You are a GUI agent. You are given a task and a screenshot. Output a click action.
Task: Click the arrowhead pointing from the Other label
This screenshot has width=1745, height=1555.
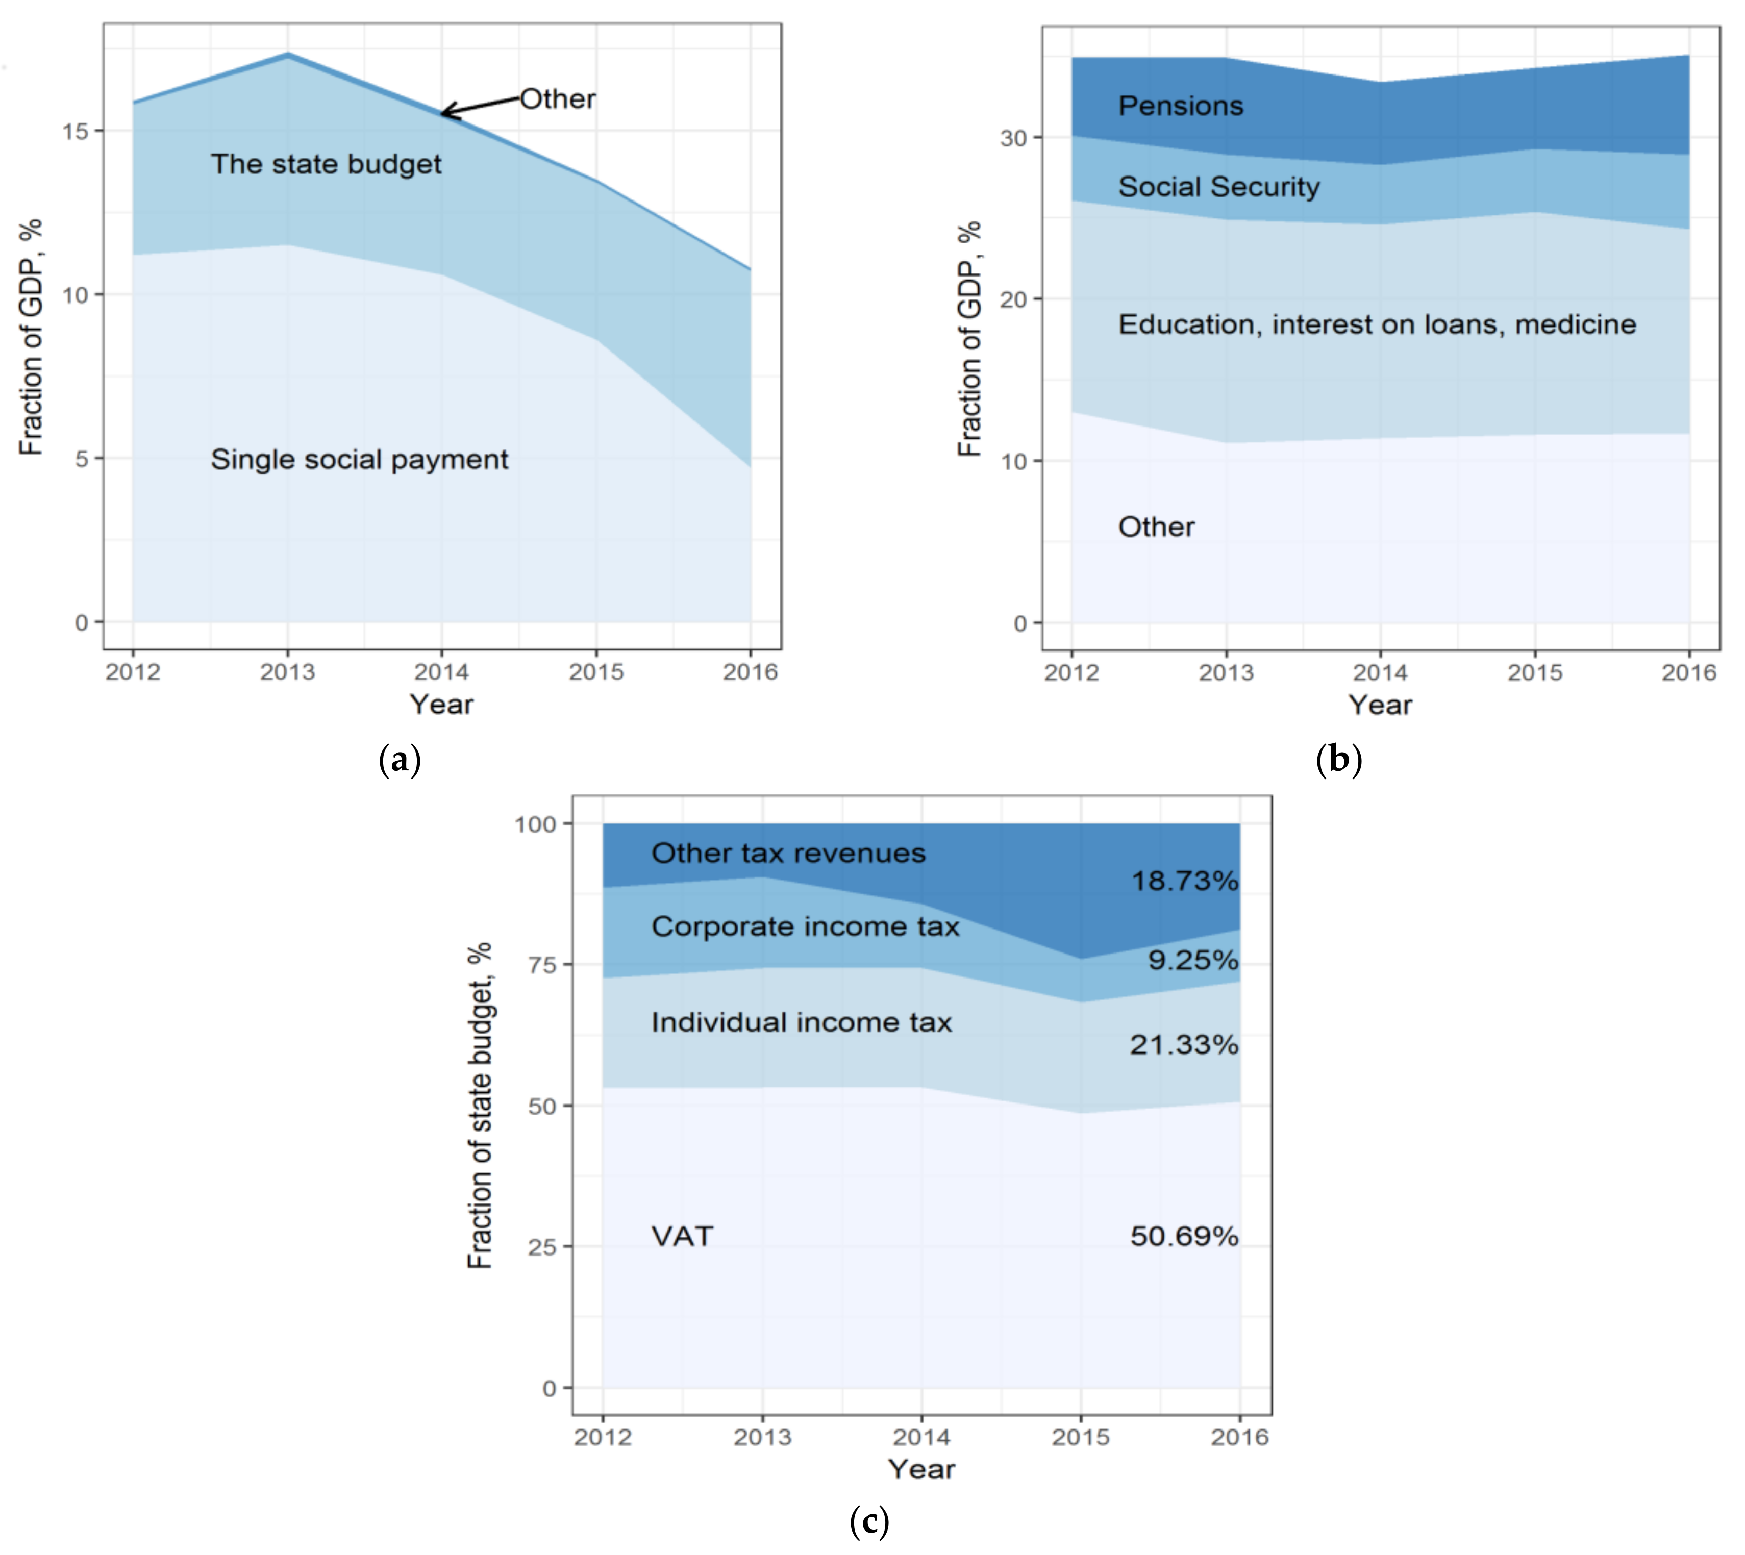click(446, 112)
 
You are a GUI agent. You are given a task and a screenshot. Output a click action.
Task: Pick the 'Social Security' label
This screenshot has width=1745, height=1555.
click(1218, 187)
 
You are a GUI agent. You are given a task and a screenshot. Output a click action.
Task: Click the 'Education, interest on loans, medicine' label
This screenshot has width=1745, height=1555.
click(1377, 324)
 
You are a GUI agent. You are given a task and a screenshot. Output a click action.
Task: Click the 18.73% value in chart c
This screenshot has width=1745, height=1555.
click(1184, 881)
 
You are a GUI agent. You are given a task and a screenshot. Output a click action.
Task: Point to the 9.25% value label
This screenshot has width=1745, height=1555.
click(1192, 960)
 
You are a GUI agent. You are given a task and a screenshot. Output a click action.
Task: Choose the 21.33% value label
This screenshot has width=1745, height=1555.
click(1184, 1044)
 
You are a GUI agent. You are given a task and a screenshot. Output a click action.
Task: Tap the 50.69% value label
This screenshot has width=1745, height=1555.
click(1184, 1236)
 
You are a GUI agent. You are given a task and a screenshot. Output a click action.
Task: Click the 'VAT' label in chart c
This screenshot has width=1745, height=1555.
click(682, 1236)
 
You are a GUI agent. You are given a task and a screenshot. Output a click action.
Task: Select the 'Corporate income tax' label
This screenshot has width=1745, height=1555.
click(805, 927)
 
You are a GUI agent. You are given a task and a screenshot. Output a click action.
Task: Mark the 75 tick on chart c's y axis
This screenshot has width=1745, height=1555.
click(542, 965)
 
